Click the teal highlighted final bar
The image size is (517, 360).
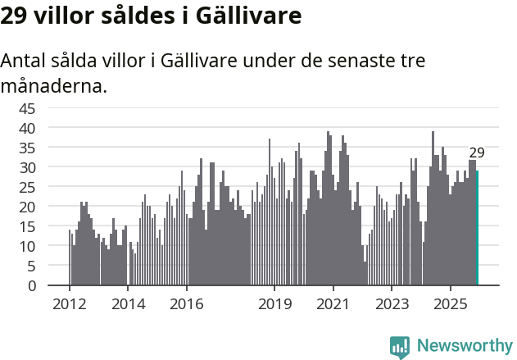pos(478,228)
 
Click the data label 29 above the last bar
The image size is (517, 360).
pos(477,153)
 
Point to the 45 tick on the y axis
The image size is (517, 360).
pos(27,108)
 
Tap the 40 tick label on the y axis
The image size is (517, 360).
pos(27,128)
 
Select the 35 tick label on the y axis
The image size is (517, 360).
pos(27,148)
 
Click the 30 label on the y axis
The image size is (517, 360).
pos(27,167)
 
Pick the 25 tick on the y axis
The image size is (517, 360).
pos(27,187)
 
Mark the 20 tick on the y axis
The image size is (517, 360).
pos(27,207)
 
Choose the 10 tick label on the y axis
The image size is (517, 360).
pos(27,246)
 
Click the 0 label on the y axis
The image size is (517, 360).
pos(32,285)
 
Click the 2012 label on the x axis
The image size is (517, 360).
pos(69,303)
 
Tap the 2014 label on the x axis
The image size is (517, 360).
pos(128,303)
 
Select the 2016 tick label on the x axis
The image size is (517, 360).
pos(187,303)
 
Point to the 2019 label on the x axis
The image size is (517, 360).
pos(274,303)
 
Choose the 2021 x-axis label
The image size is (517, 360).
pos(333,303)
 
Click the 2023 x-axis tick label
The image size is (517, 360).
pos(392,303)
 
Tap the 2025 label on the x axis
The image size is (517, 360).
pos(451,303)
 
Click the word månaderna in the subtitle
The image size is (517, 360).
pos(54,85)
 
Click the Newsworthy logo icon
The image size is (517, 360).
pos(400,346)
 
